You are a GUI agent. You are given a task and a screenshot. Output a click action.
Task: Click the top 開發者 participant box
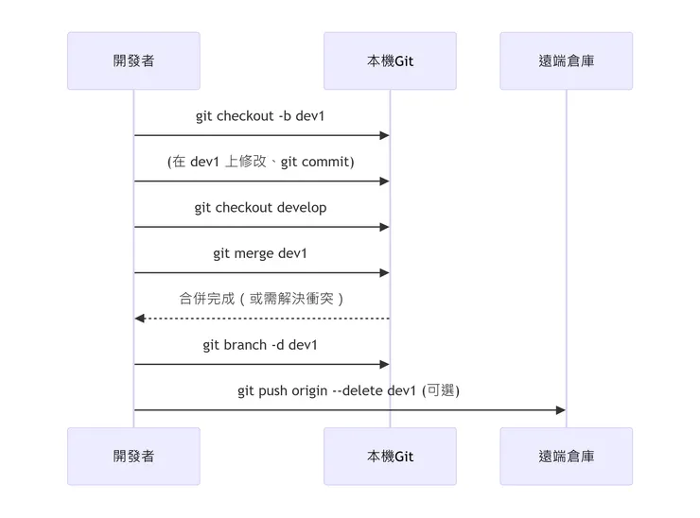tap(133, 60)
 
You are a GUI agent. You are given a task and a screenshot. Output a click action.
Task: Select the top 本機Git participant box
tap(390, 60)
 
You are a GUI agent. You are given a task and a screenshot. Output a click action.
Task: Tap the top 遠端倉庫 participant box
tap(566, 60)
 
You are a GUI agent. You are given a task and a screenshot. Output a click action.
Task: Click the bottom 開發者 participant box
tap(133, 456)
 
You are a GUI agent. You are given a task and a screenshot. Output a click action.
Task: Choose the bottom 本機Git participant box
tap(390, 456)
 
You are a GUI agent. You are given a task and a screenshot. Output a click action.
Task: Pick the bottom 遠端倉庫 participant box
tap(566, 456)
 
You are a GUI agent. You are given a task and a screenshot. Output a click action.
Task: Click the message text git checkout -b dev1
tap(261, 116)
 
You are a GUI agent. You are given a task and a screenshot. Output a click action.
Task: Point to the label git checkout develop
tap(261, 208)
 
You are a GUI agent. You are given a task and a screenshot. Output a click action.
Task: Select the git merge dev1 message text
tap(260, 253)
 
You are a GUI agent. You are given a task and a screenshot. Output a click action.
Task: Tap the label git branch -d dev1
tap(260, 345)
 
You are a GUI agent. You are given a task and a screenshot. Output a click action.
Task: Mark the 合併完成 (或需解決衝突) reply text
tap(261, 299)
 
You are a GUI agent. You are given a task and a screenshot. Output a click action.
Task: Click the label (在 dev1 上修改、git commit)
tap(261, 162)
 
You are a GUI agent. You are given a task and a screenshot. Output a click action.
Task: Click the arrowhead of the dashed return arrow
tap(140, 319)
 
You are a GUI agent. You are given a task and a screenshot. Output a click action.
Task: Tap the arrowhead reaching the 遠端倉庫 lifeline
tap(560, 410)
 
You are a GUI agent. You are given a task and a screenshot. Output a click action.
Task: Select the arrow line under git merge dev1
tap(260, 273)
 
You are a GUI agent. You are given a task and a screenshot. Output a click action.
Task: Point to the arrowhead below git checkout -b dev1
tap(384, 136)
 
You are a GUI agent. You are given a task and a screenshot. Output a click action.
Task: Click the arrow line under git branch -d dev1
tap(260, 364)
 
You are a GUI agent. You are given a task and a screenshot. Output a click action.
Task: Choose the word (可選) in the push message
tap(440, 390)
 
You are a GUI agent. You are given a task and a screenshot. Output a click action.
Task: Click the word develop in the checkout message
tap(301, 208)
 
